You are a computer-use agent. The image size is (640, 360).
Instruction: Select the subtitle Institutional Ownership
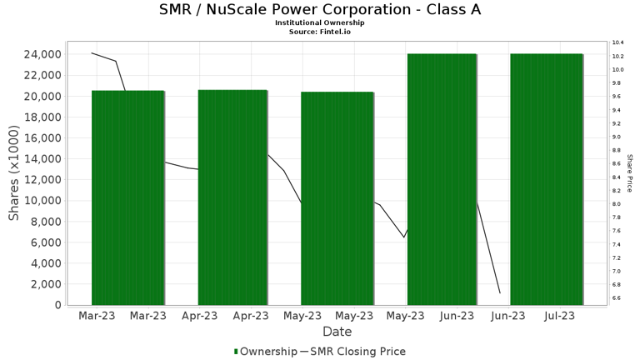[320, 22]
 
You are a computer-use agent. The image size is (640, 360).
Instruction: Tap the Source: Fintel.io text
[320, 31]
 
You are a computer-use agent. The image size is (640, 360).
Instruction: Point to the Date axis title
[337, 332]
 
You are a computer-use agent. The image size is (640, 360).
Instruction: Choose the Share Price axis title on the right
[629, 173]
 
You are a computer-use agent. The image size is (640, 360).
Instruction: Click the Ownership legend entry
[265, 352]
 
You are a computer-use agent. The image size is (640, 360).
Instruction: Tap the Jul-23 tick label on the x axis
[559, 316]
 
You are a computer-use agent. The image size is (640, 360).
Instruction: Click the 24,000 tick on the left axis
[40, 54]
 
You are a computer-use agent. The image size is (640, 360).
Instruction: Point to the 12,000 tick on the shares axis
[40, 180]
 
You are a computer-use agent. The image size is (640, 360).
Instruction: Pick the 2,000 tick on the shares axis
[43, 284]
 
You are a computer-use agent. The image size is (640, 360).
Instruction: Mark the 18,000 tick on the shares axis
[40, 117]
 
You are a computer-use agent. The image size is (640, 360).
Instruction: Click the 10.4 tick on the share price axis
[617, 42]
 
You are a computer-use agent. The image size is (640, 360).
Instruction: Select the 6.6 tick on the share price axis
[617, 297]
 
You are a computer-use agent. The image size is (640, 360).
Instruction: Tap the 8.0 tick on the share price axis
[617, 203]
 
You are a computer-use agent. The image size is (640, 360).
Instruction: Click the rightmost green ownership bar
[546, 179]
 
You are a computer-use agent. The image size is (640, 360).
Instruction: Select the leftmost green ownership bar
[127, 197]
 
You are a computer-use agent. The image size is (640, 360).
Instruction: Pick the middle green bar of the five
[337, 198]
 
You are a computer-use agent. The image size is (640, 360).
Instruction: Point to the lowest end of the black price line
[500, 292]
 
